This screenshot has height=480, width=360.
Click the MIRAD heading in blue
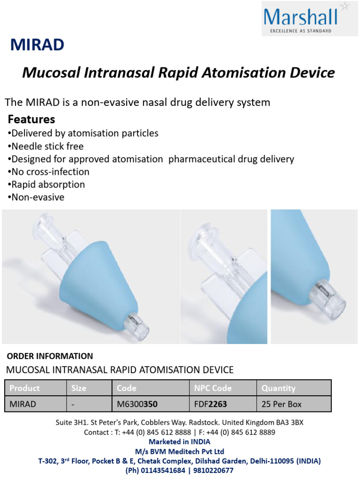point(37,45)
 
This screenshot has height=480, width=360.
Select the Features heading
point(31,119)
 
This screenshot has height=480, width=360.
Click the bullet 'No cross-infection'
point(49,172)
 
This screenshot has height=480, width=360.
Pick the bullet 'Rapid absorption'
point(46,185)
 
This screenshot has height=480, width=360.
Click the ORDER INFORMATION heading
point(50,356)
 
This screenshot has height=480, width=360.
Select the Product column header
point(25,388)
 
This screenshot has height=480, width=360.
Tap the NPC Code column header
point(213,388)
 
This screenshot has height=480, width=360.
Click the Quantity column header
point(278,388)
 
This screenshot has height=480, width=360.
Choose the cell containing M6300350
point(137,404)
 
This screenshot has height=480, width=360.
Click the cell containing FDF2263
point(210,404)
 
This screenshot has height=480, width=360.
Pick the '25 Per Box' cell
point(282,404)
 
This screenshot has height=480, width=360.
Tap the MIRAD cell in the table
point(23,404)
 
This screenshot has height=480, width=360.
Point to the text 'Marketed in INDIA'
point(180,442)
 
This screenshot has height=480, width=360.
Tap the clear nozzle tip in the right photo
point(333,304)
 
